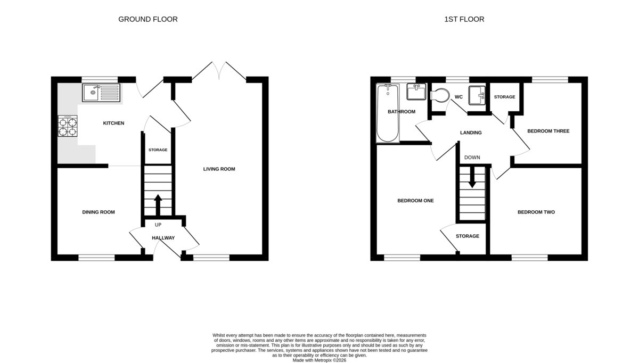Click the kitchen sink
[101, 93]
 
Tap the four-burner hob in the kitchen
[68, 126]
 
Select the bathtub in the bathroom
[388, 113]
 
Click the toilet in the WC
[440, 95]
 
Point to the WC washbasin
[477, 95]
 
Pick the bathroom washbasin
[416, 92]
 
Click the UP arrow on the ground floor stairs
[158, 205]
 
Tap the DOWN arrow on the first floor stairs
[472, 177]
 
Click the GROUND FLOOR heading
[148, 19]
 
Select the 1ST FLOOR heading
[464, 19]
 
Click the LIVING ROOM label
[219, 169]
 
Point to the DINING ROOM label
[99, 212]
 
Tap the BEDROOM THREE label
[548, 131]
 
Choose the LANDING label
[471, 133]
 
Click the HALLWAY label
[163, 238]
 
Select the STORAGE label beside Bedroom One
[468, 236]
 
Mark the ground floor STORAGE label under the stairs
[158, 150]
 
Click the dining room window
[96, 258]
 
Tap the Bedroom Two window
[529, 258]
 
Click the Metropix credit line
[319, 360]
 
